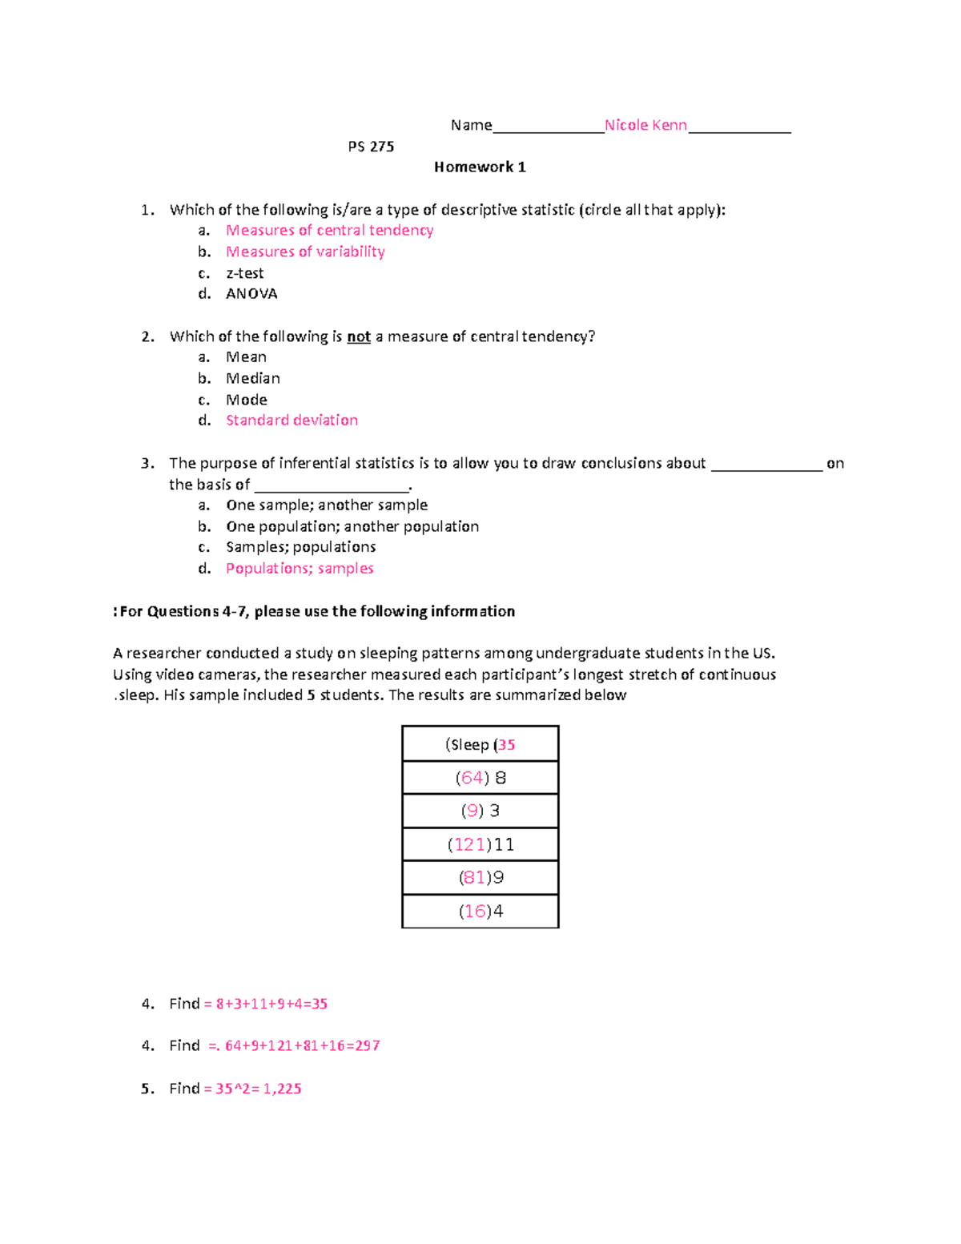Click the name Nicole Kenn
point(645,125)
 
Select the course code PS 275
point(371,147)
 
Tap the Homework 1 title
point(480,167)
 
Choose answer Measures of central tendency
point(329,231)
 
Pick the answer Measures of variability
point(305,252)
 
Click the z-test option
point(244,273)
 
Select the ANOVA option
point(251,294)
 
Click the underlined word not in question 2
point(358,337)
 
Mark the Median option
point(253,378)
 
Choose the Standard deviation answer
point(292,421)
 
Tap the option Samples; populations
point(300,547)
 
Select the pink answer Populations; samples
point(300,569)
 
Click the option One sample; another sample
point(327,505)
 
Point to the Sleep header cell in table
point(480,744)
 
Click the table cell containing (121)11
point(480,844)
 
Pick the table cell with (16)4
point(480,912)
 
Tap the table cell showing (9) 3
point(480,811)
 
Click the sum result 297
point(367,1046)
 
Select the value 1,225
point(282,1089)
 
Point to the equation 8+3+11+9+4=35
point(271,1004)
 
